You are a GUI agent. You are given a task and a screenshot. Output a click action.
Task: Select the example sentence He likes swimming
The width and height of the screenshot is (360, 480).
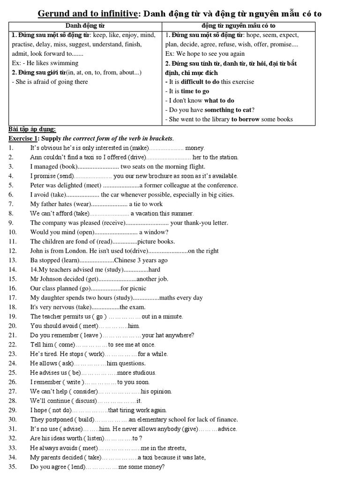point(52,63)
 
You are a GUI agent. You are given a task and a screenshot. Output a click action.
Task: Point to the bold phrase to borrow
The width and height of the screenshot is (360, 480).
point(245,119)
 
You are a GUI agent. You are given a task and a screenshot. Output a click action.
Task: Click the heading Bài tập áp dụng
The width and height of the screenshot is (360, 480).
point(32,129)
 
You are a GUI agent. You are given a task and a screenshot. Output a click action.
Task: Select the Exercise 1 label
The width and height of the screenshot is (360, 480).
point(23,138)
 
